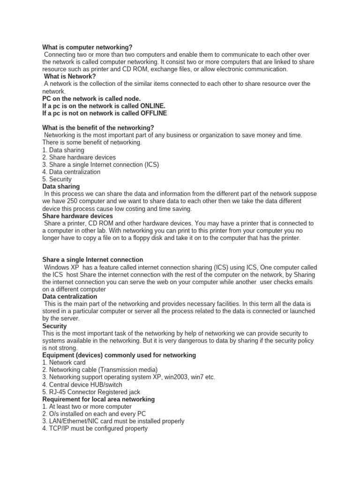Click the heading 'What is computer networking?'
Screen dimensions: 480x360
click(87, 47)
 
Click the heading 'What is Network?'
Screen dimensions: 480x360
click(70, 76)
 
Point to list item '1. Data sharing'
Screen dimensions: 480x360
click(63, 150)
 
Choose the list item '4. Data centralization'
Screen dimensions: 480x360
click(71, 172)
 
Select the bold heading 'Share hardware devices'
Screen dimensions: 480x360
click(77, 216)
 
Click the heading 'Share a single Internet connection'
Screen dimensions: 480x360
click(93, 260)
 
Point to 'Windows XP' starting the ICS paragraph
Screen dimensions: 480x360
click(61, 267)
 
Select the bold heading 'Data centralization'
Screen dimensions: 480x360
click(70, 296)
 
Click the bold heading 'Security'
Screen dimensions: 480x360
click(54, 326)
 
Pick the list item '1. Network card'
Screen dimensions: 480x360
click(64, 362)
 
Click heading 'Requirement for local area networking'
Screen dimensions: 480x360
click(98, 399)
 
